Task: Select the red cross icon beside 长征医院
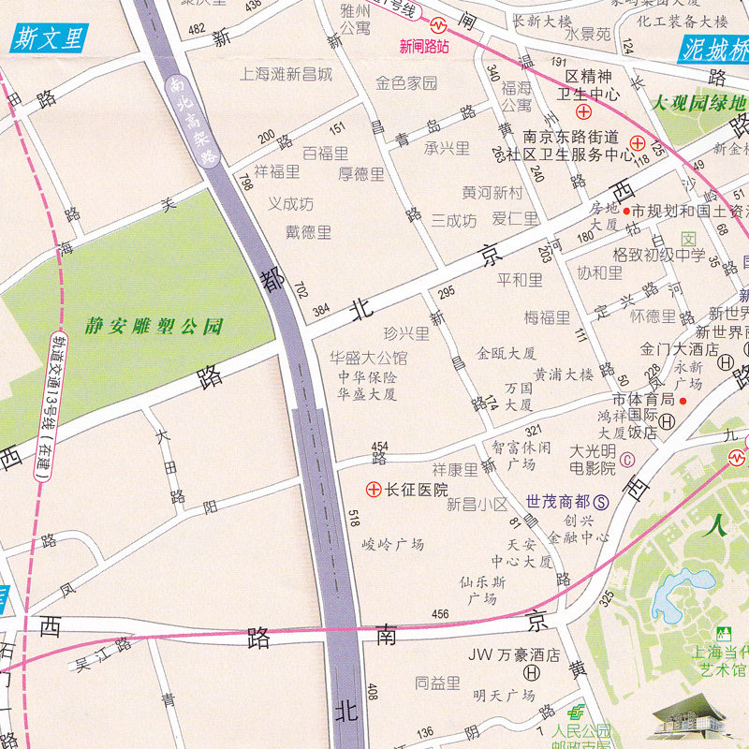pos(373,489)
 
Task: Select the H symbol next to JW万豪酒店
pos(532,672)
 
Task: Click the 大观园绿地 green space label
pos(699,103)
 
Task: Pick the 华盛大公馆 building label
pos(368,358)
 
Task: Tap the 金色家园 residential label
pos(406,83)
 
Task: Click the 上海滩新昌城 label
pos(286,73)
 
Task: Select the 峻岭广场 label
pos(393,544)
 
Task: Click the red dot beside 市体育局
pos(683,400)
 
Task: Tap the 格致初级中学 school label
pos(658,254)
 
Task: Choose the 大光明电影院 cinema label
pos(594,458)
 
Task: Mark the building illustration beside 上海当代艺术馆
pos(693,721)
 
